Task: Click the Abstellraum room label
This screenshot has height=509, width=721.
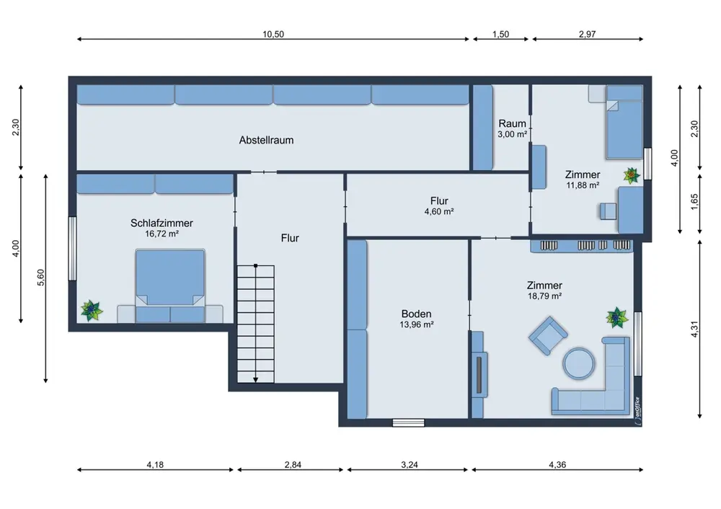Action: pos(266,141)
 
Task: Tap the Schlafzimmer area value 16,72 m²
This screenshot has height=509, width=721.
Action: pos(162,234)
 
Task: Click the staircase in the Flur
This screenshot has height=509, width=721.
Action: pos(256,324)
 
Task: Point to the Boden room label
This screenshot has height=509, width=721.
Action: pos(417,314)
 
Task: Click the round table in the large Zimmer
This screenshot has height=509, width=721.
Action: pos(579,363)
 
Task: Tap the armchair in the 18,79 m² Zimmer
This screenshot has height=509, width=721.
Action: pos(548,335)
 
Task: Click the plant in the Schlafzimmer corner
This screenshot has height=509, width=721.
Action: pos(92,310)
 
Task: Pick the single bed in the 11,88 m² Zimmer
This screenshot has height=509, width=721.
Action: pos(624,123)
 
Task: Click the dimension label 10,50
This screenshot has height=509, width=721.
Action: pos(273,34)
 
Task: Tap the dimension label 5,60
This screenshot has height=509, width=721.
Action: pos(41,278)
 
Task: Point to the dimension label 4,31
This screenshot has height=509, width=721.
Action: pos(694,329)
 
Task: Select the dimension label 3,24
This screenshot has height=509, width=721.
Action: pos(410,465)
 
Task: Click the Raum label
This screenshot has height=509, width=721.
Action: pos(512,124)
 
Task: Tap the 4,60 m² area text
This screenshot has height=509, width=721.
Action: pos(439,211)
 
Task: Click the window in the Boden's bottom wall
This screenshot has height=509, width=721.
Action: pos(408,422)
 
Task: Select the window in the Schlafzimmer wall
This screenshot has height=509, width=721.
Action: pos(72,248)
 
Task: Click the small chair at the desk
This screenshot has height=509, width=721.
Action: pos(608,211)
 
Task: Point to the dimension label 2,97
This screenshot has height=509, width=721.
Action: pos(587,34)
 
